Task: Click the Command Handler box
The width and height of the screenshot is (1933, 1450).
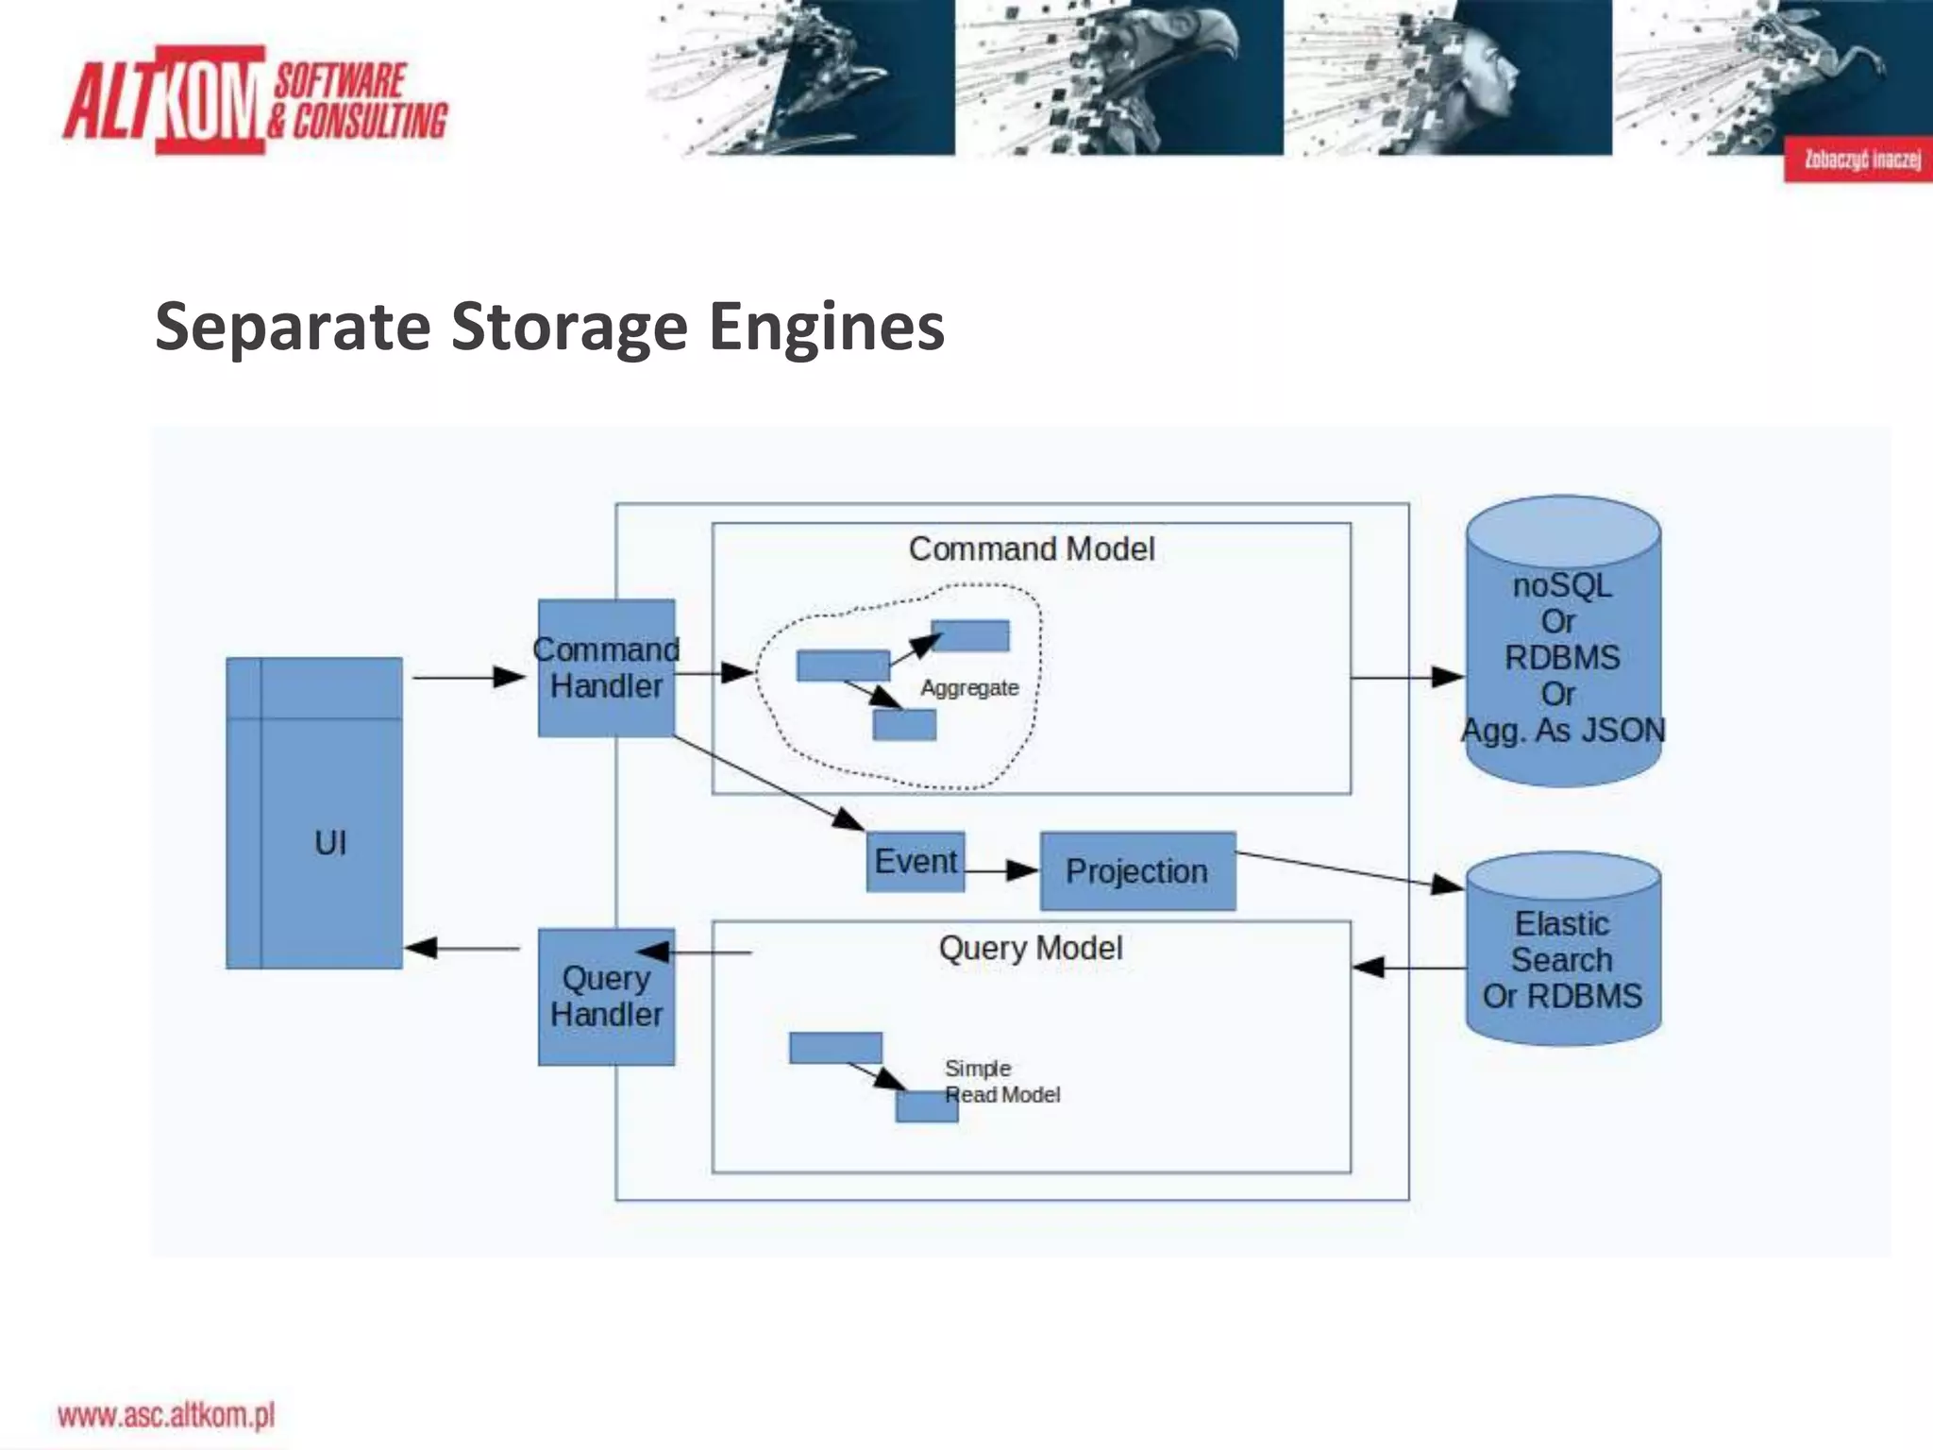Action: (x=606, y=667)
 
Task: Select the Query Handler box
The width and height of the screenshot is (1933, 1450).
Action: (x=606, y=997)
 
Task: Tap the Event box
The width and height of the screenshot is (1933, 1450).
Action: (x=915, y=861)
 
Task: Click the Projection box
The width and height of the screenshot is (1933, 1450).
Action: (x=1136, y=870)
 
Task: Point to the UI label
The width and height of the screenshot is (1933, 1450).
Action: (x=330, y=842)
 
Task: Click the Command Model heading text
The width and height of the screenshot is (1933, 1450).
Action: (x=1031, y=548)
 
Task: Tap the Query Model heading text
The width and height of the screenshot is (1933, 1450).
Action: (x=1031, y=947)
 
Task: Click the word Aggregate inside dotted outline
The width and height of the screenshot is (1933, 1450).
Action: (x=969, y=687)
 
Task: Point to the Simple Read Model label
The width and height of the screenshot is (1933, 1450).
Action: (x=1000, y=1082)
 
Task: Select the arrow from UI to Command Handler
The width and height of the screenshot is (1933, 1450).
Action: (x=468, y=677)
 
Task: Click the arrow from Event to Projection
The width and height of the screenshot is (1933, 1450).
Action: (x=1000, y=869)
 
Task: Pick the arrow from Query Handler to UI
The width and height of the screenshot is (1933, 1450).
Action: (x=462, y=948)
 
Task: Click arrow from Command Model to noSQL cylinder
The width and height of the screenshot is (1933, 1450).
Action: (x=1406, y=677)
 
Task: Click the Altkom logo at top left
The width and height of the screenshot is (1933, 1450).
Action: (x=255, y=100)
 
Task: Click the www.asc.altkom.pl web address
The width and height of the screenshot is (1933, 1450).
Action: (x=166, y=1415)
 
